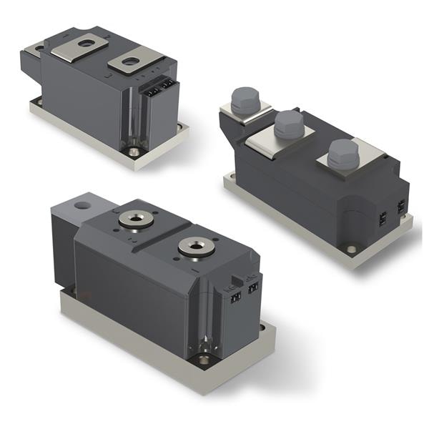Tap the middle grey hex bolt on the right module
287,124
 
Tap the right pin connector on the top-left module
167,85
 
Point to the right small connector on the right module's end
400,207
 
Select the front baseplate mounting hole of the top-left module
134,152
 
